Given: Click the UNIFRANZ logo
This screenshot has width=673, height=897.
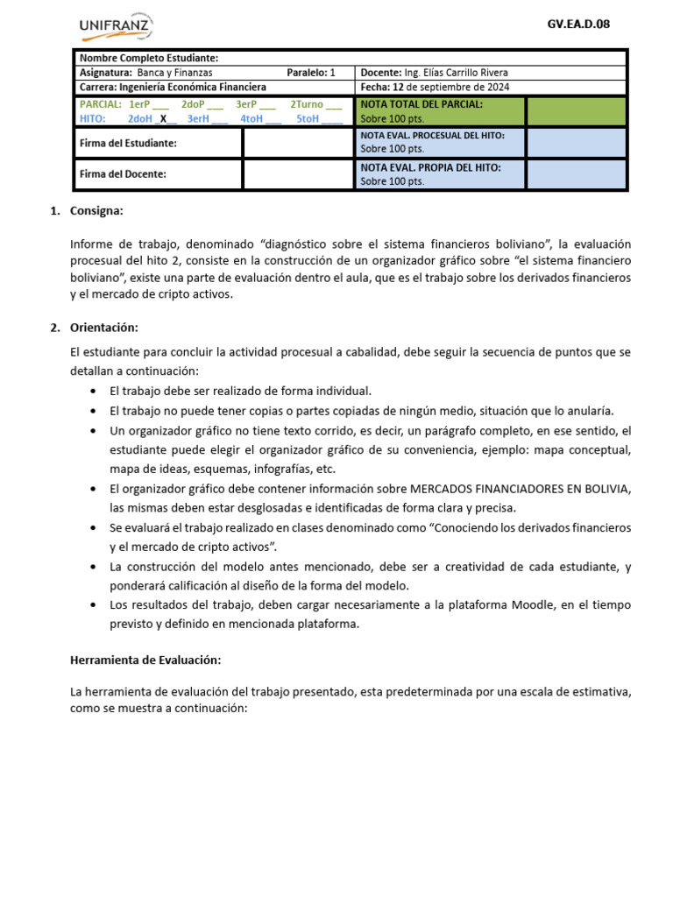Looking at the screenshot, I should coord(116,27).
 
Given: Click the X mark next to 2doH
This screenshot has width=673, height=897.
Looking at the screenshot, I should coord(163,119).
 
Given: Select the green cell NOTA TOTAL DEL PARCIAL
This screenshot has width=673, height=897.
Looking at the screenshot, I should coord(441,111).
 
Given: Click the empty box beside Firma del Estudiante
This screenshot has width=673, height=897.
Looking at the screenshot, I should coord(298,143).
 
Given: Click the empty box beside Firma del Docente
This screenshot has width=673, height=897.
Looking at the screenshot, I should coord(298,174).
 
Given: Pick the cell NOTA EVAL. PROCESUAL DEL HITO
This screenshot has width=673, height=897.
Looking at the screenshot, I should coord(441,142).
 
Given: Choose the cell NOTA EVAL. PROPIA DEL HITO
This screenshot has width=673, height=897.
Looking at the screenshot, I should coord(441,173).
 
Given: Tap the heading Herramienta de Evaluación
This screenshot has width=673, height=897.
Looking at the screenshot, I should coord(145,660).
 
